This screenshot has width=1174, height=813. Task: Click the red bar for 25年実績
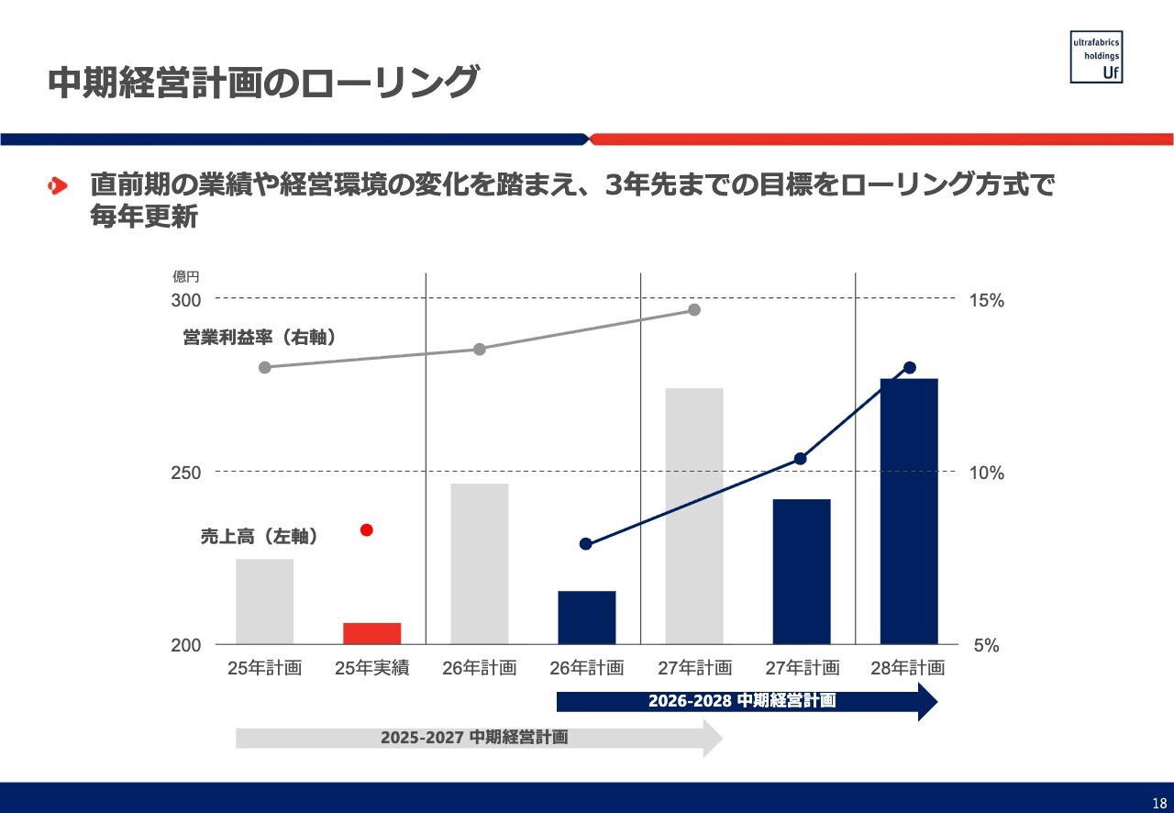pyautogui.click(x=372, y=633)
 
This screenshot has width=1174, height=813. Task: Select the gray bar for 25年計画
pyautogui.click(x=265, y=601)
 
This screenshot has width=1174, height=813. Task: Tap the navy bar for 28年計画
pyautogui.click(x=909, y=510)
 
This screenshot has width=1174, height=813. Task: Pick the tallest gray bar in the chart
pyautogui.click(x=694, y=516)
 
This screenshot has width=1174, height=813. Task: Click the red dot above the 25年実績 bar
pyautogui.click(x=367, y=529)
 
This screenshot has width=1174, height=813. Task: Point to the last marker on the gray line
pyautogui.click(x=694, y=310)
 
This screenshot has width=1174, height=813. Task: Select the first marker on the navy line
pyautogui.click(x=586, y=544)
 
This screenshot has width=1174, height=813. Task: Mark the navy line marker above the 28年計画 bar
pyautogui.click(x=910, y=368)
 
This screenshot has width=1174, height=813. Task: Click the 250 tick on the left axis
pyautogui.click(x=186, y=473)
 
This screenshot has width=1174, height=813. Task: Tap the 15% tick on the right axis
pyautogui.click(x=987, y=301)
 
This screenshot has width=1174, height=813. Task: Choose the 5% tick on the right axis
pyautogui.click(x=986, y=646)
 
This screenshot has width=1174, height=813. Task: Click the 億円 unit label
pyautogui.click(x=186, y=276)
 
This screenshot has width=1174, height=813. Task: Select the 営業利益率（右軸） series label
pyautogui.click(x=260, y=338)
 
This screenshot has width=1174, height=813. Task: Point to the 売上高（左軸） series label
pyautogui.click(x=260, y=538)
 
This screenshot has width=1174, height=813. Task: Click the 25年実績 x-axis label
pyautogui.click(x=371, y=668)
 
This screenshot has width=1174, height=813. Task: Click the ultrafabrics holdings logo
pyautogui.click(x=1096, y=57)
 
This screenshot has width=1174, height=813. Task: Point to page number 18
pyautogui.click(x=1159, y=801)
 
